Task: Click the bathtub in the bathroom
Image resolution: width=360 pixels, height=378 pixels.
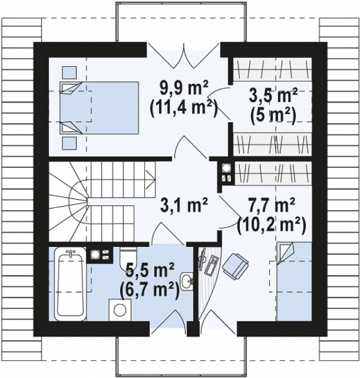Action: [x=70, y=284]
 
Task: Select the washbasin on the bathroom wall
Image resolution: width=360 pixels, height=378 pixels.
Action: [x=187, y=282]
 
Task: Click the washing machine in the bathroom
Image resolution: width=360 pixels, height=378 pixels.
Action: [x=120, y=310]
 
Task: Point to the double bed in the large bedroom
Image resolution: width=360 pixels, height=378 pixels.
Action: [x=99, y=108]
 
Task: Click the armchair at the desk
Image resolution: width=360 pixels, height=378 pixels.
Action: [x=235, y=266]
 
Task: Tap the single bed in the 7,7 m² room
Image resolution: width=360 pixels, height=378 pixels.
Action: [x=294, y=282]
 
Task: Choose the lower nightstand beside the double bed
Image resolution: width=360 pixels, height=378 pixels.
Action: [x=70, y=144]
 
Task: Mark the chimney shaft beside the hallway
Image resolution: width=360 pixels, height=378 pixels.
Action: [x=226, y=173]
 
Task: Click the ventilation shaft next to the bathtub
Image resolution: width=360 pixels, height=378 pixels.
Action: [x=99, y=255]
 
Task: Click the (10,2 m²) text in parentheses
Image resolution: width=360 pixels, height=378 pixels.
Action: [x=271, y=226]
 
